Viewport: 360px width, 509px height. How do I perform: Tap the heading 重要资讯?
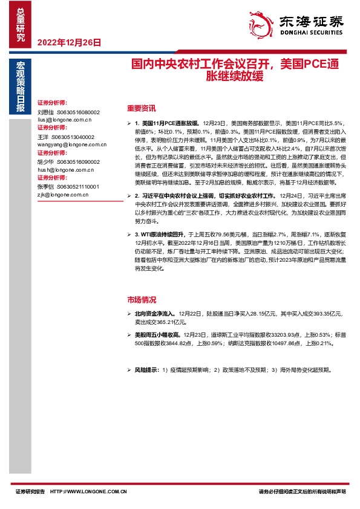[x=142, y=109]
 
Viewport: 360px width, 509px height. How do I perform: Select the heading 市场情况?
[x=142, y=299]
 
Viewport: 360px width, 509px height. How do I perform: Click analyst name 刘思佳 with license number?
[x=68, y=112]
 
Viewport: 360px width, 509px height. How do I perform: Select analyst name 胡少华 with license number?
[x=68, y=162]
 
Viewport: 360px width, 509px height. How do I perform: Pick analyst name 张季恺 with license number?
[x=68, y=187]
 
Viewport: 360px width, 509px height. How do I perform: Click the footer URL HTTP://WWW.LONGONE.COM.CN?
[x=88, y=492]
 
